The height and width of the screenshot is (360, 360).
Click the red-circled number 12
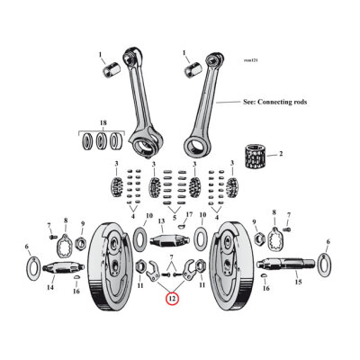coord(172,299)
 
